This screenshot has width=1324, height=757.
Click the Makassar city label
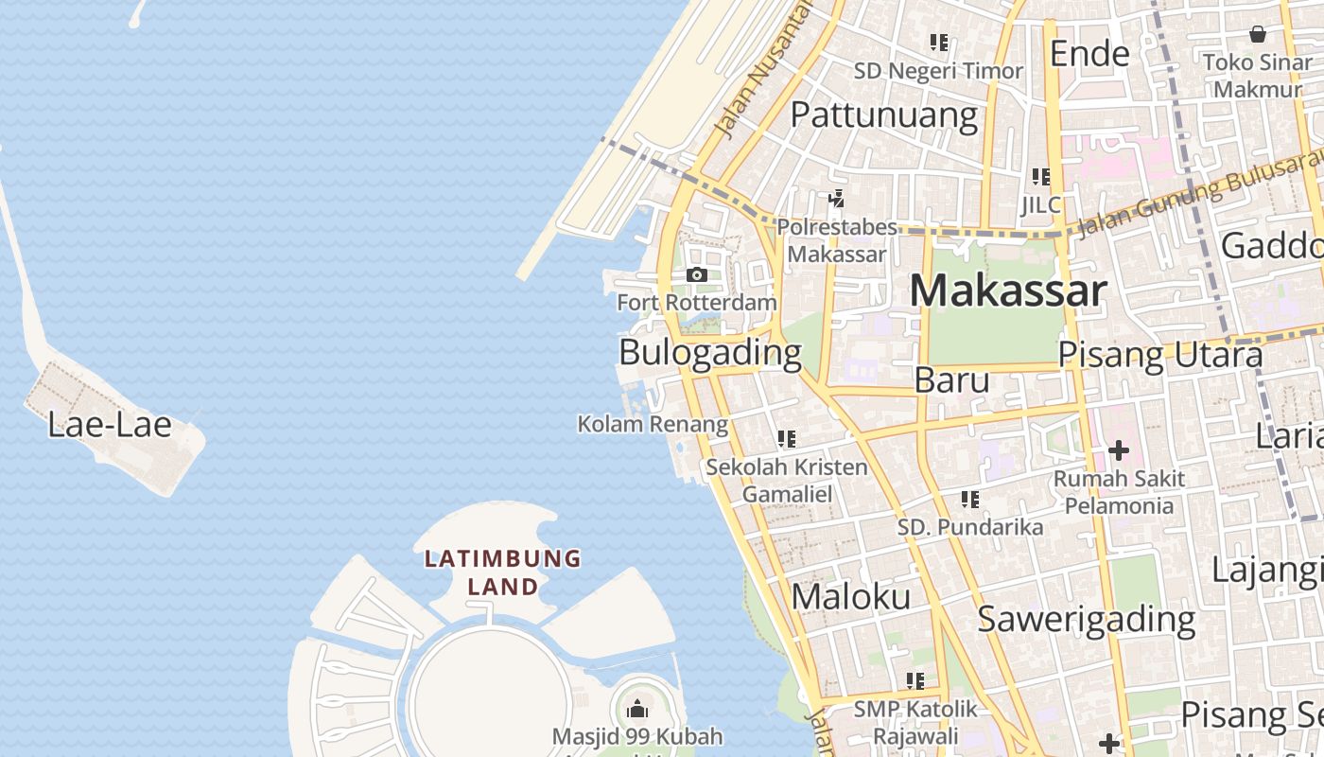point(1007,291)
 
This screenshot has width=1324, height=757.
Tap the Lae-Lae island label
point(110,425)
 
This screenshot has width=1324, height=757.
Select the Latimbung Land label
point(502,572)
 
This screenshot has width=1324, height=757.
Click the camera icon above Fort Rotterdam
point(697,275)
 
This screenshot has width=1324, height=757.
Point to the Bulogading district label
point(709,353)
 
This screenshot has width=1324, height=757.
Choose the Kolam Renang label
point(653,425)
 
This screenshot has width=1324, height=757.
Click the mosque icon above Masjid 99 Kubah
point(637,709)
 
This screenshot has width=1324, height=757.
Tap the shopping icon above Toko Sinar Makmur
point(1258,35)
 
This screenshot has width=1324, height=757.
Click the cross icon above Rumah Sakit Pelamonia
point(1119,450)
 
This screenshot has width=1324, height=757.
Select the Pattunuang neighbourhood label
point(883,114)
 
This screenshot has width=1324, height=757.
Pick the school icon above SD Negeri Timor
point(938,43)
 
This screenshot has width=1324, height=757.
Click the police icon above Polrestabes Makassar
point(836,199)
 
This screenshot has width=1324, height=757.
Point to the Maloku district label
point(851,597)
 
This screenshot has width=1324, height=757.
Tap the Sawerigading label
point(1086,620)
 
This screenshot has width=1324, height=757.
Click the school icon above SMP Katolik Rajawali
point(915,680)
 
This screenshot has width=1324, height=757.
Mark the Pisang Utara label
point(1159,356)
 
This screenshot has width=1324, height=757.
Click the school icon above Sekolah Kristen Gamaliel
point(786,439)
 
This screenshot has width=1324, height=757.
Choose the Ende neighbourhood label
point(1089,54)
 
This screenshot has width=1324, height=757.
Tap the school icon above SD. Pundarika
point(969,499)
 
